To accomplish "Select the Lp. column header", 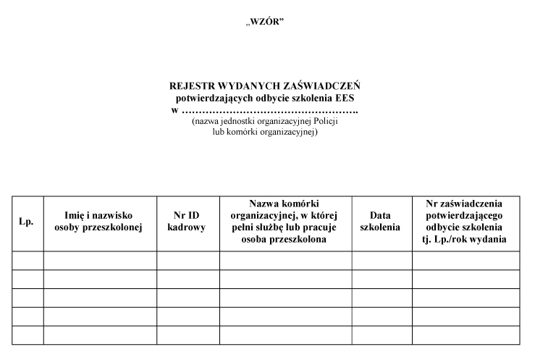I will tap(27, 222).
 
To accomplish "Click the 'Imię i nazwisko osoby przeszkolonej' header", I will tap(99, 222).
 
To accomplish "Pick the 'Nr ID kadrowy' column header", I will tap(188, 222).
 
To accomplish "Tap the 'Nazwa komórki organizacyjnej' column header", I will tap(285, 222).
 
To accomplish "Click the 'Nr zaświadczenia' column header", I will tap(466, 222).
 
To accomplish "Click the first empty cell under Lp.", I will tap(27, 261).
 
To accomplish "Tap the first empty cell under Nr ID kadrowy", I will tap(188, 261).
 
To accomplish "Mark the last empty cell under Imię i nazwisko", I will tap(99, 335).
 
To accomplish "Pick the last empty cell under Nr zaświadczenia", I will tap(466, 335).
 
